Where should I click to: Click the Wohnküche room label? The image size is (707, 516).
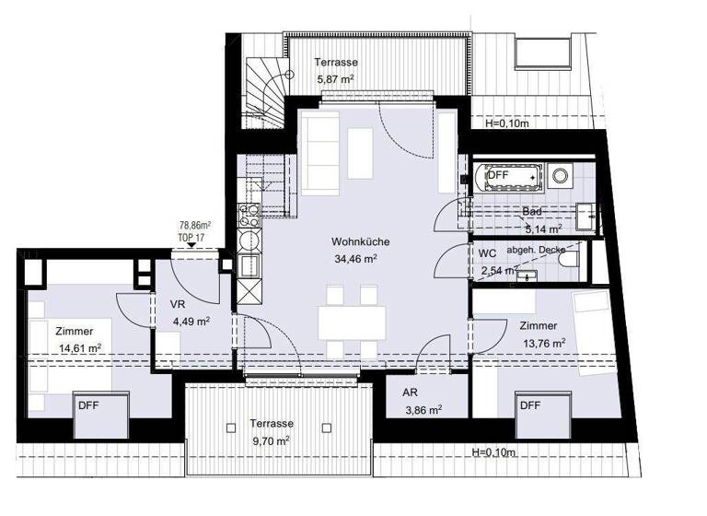coord(361,242)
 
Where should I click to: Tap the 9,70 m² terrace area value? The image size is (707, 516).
coord(272,440)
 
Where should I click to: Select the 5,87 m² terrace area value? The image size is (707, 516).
coord(336,79)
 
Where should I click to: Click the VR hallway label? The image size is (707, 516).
coord(179,304)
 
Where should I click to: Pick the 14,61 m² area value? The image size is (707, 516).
coord(78,348)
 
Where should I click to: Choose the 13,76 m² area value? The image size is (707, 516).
coord(541,343)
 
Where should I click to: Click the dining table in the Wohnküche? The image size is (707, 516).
coord(352,322)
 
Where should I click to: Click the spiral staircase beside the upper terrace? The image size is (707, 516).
coord(265,92)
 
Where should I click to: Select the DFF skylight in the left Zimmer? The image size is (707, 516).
coord(89,405)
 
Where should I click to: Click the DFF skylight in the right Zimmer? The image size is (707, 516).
coord(529,405)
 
